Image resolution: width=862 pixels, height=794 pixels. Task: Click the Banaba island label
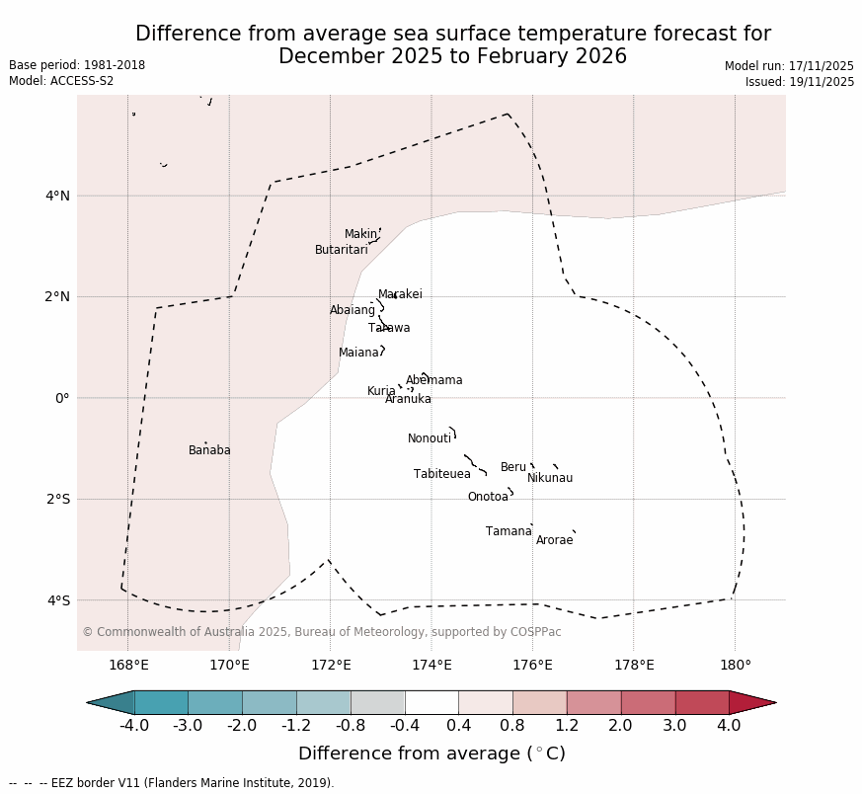tap(209, 450)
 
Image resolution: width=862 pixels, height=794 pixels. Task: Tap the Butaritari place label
tap(341, 250)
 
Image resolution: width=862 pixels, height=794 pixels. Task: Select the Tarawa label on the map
tap(389, 328)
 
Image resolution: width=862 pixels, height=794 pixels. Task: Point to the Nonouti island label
tap(430, 438)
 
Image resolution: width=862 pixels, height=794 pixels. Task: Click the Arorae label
tap(554, 540)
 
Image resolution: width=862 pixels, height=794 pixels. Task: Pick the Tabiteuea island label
tap(441, 474)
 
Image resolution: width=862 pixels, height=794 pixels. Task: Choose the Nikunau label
tap(550, 478)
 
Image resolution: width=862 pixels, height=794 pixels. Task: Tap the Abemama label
tap(433, 380)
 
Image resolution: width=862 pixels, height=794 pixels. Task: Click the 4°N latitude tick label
tap(57, 196)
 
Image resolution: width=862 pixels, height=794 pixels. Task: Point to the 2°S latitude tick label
tap(57, 499)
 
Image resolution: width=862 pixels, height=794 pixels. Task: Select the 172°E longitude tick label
tap(330, 665)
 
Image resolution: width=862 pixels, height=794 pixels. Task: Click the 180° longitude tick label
tap(735, 665)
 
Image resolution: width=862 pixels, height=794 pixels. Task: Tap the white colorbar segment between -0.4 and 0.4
tap(431, 702)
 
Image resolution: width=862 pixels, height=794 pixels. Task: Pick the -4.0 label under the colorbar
tap(134, 726)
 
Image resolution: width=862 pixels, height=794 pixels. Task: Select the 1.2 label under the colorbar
tap(567, 726)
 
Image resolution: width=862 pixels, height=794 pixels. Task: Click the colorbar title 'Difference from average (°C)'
tap(431, 754)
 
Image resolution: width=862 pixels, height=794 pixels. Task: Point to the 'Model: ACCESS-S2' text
tap(61, 81)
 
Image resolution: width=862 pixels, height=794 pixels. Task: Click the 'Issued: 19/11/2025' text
tap(800, 82)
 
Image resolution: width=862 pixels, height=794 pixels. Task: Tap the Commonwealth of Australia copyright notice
tap(321, 632)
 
